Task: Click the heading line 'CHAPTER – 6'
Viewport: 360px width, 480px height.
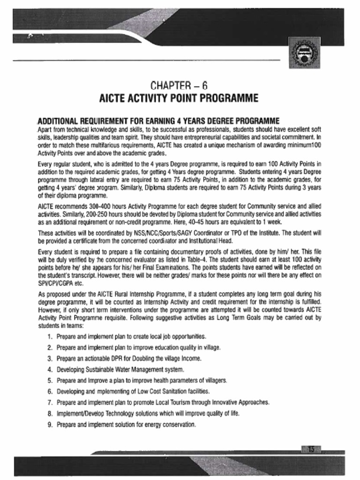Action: coord(179,86)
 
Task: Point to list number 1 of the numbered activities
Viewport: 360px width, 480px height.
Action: coord(50,337)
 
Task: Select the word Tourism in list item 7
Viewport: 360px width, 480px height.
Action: coord(200,402)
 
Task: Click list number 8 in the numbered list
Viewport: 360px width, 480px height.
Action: coord(50,413)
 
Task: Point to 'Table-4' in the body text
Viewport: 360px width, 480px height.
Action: coord(193,260)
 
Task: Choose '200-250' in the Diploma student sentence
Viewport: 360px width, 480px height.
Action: coord(106,213)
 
